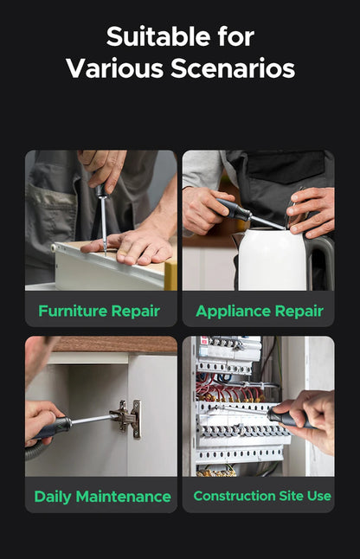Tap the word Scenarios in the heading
233,68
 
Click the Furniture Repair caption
100,311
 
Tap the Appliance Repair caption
260,312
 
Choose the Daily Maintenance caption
103,497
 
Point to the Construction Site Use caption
262,496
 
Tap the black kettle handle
322,260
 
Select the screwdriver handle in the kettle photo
234,209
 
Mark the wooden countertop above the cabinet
115,344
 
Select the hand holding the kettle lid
311,211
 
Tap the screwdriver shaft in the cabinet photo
92,419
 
